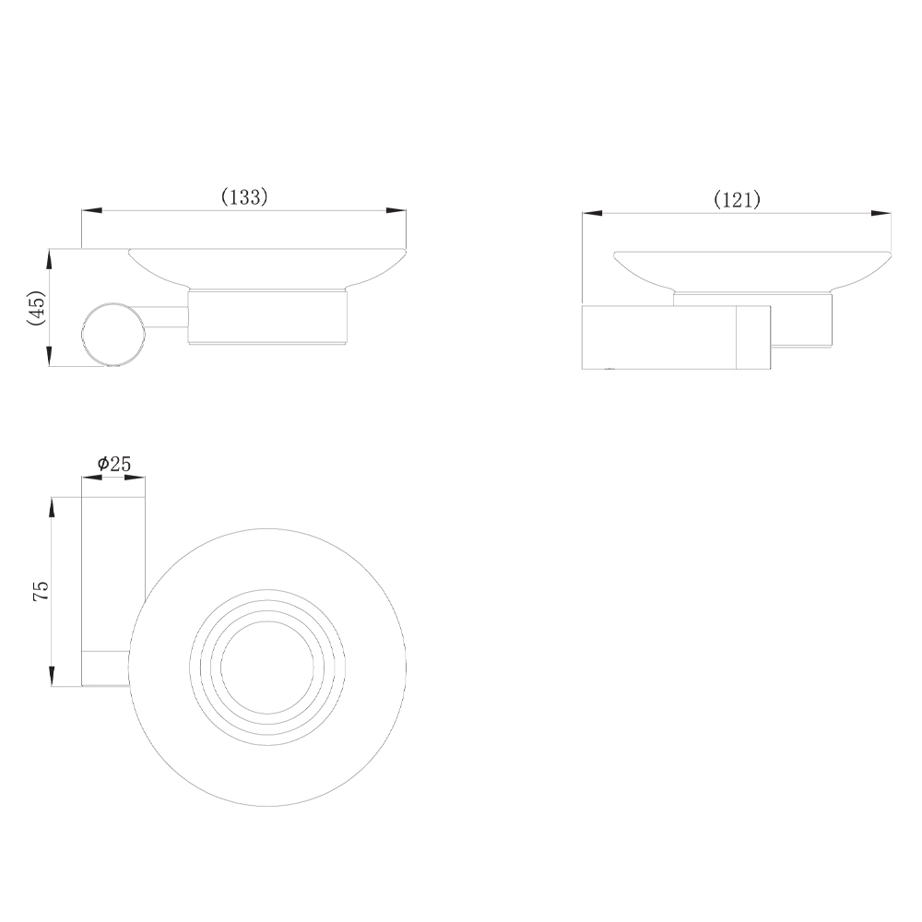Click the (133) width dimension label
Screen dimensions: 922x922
coord(244,197)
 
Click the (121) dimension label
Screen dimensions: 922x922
coord(737,200)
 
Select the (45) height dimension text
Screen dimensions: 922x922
coord(37,307)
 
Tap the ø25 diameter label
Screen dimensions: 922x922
coord(114,464)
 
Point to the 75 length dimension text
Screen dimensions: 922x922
coord(41,590)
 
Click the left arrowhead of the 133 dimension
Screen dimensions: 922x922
coord(91,210)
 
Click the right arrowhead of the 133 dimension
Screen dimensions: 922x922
coord(396,210)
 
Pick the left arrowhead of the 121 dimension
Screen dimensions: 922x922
coord(593,214)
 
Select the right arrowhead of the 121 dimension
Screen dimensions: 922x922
coord(881,214)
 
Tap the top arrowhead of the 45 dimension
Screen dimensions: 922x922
coord(50,259)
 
